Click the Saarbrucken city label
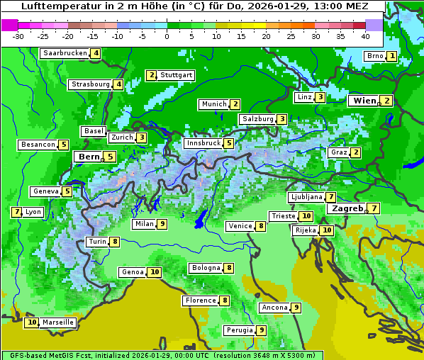[x=65, y=53]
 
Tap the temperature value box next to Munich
[x=235, y=104]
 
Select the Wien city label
[x=364, y=101]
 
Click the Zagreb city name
[x=347, y=208]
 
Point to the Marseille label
[x=58, y=322]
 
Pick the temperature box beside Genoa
[x=154, y=272]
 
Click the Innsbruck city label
[x=203, y=143]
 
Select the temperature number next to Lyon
[x=16, y=212]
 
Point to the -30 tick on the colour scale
[x=19, y=35]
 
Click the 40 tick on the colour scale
[x=365, y=35]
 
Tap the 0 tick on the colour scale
[x=167, y=35]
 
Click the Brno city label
[x=374, y=56]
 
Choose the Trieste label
[x=283, y=216]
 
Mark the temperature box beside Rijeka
[x=326, y=230]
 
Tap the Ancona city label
[x=274, y=308]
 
